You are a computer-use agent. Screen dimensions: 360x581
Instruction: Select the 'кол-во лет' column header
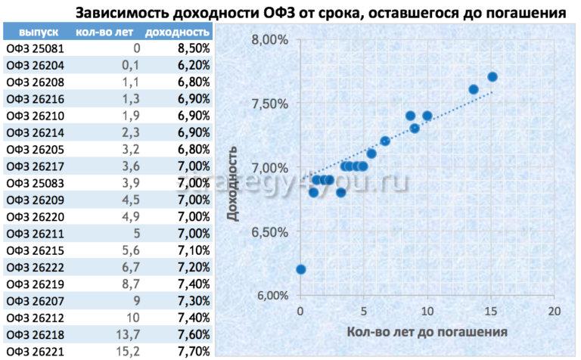tap(104, 33)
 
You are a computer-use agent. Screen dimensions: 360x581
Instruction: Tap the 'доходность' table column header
tap(176, 33)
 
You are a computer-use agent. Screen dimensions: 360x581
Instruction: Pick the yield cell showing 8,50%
tap(193, 49)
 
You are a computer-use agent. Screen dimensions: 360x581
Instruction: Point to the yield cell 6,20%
tap(193, 66)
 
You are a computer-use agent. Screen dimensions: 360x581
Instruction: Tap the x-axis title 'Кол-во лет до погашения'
tap(427, 332)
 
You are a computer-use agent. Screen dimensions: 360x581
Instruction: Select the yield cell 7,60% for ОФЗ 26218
tap(193, 334)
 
